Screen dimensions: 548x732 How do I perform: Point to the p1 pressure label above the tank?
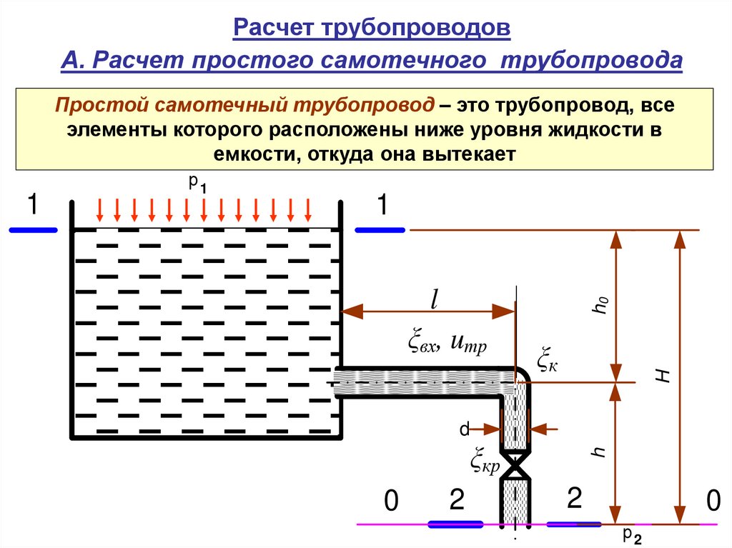[x=197, y=184]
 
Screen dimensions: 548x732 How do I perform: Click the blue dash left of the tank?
[x=33, y=230]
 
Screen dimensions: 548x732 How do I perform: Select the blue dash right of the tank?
[x=380, y=230]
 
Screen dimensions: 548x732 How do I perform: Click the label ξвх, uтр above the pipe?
[x=447, y=344]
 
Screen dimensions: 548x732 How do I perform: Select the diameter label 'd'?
[x=464, y=429]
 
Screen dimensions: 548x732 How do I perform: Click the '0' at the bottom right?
[x=711, y=501]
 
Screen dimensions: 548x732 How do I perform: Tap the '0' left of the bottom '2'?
[x=390, y=502]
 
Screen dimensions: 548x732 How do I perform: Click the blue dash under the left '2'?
[x=456, y=524]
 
